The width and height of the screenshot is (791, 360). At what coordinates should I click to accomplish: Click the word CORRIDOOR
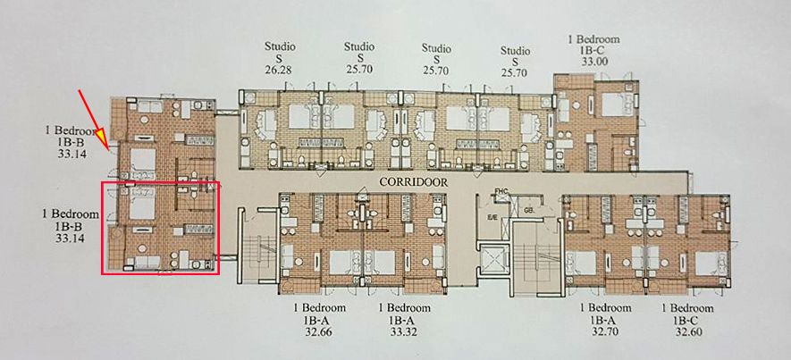[413, 180]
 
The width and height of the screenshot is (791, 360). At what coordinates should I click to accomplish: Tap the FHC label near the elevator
[501, 191]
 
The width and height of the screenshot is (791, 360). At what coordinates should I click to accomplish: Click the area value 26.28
[279, 71]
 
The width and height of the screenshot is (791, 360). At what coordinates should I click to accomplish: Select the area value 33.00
[594, 63]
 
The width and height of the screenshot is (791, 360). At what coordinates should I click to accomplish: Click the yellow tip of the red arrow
[103, 137]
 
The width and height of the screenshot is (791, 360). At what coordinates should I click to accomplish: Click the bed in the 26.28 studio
[266, 121]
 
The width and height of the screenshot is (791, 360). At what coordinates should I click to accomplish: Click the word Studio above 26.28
[279, 46]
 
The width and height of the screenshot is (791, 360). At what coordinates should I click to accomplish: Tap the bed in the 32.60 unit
[706, 262]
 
